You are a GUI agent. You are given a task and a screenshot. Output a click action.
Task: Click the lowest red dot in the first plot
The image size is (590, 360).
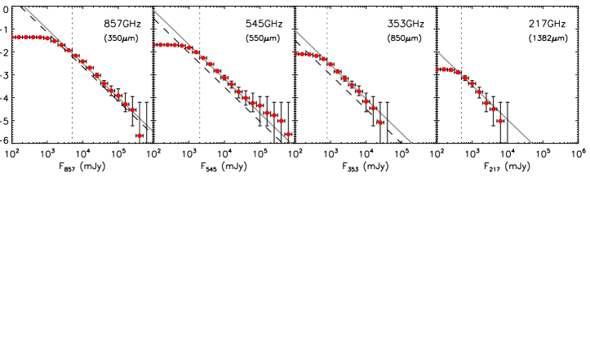140,136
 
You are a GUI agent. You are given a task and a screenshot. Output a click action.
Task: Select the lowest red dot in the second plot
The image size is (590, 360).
288,135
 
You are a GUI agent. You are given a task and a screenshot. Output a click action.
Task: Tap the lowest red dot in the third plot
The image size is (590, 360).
380,122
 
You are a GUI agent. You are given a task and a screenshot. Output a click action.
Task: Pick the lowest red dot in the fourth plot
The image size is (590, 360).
500,121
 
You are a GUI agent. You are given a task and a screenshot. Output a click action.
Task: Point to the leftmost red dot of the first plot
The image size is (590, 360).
13,37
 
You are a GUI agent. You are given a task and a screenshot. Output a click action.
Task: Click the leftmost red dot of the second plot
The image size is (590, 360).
154,45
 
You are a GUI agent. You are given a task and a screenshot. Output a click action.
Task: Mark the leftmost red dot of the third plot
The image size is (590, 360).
296,54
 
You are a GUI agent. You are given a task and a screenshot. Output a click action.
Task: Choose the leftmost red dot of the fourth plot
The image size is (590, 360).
438,69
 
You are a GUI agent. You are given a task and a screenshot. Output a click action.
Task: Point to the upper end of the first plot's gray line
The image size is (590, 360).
24,7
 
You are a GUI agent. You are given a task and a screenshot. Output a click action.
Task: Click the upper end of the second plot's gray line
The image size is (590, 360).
154,11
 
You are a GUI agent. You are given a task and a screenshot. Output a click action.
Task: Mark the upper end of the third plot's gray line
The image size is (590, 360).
295,31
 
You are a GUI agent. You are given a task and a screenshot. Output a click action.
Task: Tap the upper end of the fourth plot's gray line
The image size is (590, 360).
437,51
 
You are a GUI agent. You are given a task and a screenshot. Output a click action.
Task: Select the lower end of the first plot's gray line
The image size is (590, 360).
152,131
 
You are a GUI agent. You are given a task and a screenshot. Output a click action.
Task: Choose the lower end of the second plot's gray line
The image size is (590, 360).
291,143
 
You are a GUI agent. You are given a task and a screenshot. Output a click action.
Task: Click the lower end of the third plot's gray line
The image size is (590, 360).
411,143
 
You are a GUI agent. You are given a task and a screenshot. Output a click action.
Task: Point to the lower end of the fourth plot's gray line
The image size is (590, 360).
531,143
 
